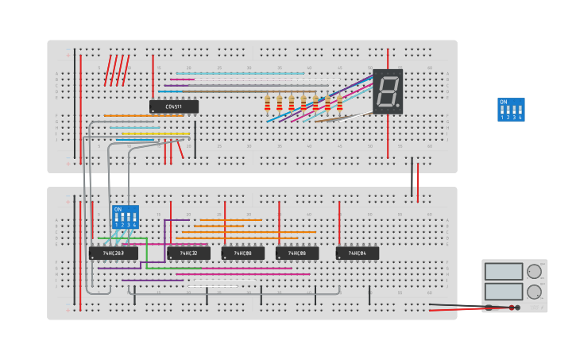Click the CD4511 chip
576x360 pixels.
pyautogui.click(x=174, y=106)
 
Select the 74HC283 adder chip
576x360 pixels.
pyautogui.click(x=113, y=254)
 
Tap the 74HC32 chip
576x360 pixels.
pyautogui.click(x=188, y=254)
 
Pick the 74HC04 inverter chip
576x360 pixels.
pyautogui.click(x=357, y=254)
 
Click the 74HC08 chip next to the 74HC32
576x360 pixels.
pyautogui.click(x=242, y=254)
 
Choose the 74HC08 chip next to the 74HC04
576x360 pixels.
pyautogui.click(x=296, y=254)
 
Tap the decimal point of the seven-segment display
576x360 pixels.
pyautogui.click(x=398, y=106)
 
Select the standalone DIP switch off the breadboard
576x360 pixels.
pyautogui.click(x=511, y=110)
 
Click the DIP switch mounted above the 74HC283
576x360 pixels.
pyautogui.click(x=125, y=216)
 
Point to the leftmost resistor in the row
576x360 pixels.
pyautogui.click(x=267, y=103)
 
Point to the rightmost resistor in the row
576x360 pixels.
pyautogui.click(x=339, y=103)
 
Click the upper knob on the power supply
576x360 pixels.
pyautogui.click(x=535, y=271)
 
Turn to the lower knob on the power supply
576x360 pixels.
pyautogui.click(x=535, y=291)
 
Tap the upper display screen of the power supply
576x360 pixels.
pyautogui.click(x=504, y=272)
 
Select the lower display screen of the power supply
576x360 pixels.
pyautogui.click(x=504, y=292)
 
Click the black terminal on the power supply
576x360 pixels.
pyautogui.click(x=512, y=308)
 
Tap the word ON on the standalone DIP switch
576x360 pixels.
pyautogui.click(x=503, y=102)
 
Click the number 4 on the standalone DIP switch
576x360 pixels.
pyautogui.click(x=520, y=118)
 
